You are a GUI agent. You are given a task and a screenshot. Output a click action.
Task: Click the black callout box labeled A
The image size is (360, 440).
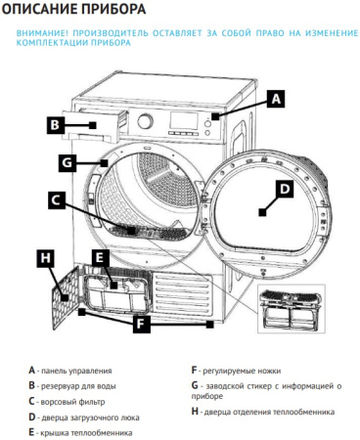tap(276, 99)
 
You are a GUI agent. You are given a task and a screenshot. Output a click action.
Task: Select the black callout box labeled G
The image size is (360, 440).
tap(67, 161)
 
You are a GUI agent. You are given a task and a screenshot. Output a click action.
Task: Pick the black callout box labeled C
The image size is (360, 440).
tap(58, 200)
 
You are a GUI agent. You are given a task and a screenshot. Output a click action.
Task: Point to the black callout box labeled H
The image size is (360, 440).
tap(45, 258)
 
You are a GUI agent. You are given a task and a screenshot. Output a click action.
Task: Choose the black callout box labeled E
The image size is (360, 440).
tap(99, 258)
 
